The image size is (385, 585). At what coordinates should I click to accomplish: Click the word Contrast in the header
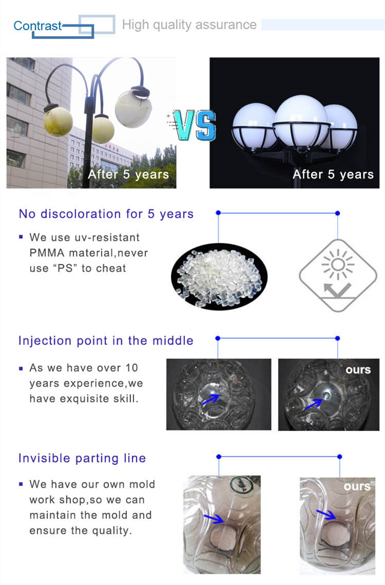(37, 26)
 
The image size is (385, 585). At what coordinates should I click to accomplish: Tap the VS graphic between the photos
(192, 125)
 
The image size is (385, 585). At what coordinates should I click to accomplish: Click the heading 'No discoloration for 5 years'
(106, 214)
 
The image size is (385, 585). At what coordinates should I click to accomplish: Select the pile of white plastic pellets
(219, 277)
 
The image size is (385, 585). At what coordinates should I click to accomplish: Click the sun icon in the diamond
(338, 264)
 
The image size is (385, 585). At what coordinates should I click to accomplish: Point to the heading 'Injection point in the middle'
(106, 341)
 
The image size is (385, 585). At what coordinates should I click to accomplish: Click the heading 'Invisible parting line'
(82, 458)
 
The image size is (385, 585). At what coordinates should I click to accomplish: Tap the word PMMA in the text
(47, 253)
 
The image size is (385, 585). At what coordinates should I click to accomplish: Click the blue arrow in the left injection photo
(211, 400)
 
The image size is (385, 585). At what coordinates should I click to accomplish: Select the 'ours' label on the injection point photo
(358, 369)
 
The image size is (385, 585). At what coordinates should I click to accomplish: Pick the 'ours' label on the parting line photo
(357, 486)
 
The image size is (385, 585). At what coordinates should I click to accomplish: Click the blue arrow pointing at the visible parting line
(214, 518)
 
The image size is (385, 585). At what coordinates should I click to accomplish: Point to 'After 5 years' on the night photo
(333, 174)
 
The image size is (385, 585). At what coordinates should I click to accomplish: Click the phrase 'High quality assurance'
(189, 25)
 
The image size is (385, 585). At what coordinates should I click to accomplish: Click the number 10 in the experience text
(132, 368)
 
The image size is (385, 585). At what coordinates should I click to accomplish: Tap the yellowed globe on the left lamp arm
(58, 121)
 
